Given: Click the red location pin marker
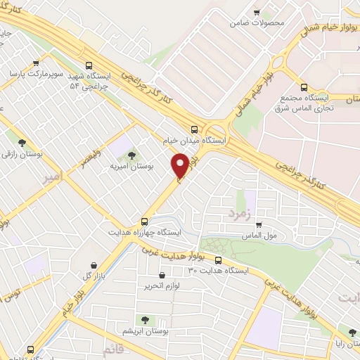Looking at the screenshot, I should pyautogui.click(x=180, y=166).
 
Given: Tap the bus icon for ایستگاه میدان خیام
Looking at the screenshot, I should pyautogui.click(x=195, y=128).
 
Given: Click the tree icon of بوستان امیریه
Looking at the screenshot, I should pyautogui.click(x=131, y=155).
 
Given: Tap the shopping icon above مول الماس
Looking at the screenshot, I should pyautogui.click(x=259, y=225).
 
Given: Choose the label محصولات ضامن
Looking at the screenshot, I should pyautogui.click(x=257, y=22).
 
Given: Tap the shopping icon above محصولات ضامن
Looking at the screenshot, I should pyautogui.click(x=257, y=11).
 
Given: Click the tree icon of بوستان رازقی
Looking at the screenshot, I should pyautogui.click(x=24, y=141).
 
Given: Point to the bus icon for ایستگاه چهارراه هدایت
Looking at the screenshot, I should pyautogui.click(x=144, y=219).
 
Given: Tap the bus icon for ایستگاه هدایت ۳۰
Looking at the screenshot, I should pyautogui.click(x=217, y=259).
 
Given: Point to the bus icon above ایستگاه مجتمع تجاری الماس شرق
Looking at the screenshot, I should pyautogui.click(x=304, y=88).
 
